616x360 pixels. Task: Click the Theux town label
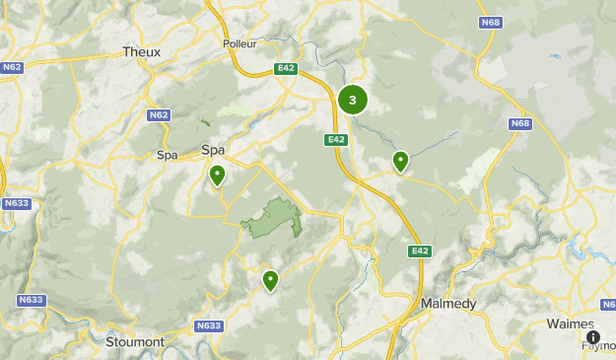(x=141, y=51)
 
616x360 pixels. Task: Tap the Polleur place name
(x=240, y=43)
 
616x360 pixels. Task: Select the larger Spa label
(x=213, y=150)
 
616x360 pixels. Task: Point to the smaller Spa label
(x=168, y=155)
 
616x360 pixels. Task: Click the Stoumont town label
(x=135, y=341)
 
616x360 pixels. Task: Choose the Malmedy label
(x=447, y=303)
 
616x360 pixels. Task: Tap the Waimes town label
(x=571, y=323)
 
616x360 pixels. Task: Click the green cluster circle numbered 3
(x=353, y=100)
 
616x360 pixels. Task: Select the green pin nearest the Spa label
(x=217, y=176)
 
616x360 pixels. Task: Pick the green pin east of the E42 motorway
(x=400, y=161)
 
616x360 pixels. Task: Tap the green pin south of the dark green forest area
(x=270, y=281)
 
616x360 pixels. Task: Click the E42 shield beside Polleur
(x=286, y=69)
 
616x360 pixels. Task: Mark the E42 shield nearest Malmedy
(x=420, y=252)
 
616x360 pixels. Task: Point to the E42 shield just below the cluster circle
(x=336, y=139)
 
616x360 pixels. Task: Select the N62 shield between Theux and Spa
(x=159, y=115)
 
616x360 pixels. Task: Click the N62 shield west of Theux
(x=12, y=67)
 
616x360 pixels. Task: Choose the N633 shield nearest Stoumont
(x=208, y=325)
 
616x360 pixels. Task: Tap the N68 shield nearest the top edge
(x=490, y=22)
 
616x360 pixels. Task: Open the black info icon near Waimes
(x=593, y=336)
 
